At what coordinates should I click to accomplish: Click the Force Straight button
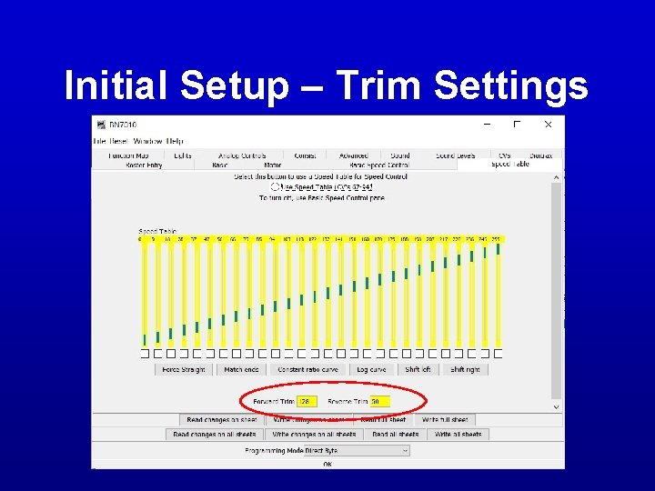pos(184,370)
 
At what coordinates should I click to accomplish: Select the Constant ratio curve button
pos(307,370)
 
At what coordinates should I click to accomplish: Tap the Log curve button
pos(371,370)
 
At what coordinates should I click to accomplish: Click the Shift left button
pos(418,370)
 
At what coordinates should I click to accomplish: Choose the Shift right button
pos(465,370)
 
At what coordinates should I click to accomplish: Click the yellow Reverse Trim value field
pos(379,401)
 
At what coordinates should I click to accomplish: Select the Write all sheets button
pos(458,435)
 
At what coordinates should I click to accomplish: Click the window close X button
pos(548,125)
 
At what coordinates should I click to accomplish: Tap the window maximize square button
pos(517,125)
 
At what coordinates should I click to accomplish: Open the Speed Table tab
pos(509,165)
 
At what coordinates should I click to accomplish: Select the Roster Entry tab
pos(144,165)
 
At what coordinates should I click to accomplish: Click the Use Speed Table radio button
pos(275,186)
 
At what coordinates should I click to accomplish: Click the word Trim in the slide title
pos(381,86)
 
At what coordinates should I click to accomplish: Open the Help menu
pos(174,141)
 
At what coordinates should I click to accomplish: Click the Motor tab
pos(273,165)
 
